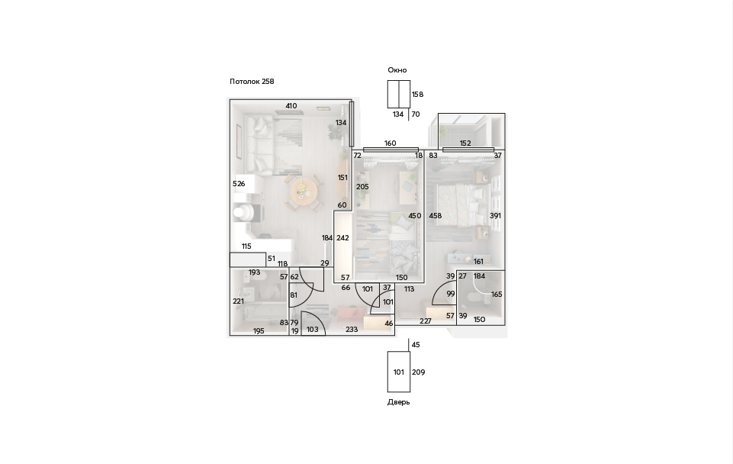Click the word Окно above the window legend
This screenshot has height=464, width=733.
(x=397, y=70)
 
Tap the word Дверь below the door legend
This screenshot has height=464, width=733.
(x=398, y=402)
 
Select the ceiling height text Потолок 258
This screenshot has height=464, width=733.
(x=252, y=82)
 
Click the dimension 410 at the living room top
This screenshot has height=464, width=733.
(x=291, y=106)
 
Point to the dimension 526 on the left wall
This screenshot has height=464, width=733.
(x=239, y=184)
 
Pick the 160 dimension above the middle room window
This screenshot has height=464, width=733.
(x=390, y=143)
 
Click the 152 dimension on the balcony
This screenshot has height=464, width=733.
(x=465, y=143)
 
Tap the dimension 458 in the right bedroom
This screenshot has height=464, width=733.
(x=436, y=216)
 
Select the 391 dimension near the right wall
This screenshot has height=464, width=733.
(x=495, y=216)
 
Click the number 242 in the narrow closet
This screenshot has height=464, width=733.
(x=342, y=238)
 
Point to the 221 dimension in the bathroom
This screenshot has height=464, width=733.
(x=239, y=301)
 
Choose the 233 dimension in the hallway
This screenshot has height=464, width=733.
(x=352, y=330)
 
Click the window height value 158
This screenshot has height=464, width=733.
(x=417, y=95)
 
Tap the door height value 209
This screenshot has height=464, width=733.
(x=419, y=372)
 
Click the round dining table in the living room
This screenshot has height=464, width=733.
(x=304, y=191)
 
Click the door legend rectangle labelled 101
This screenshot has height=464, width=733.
(x=399, y=372)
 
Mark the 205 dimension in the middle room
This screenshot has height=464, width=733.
(x=362, y=187)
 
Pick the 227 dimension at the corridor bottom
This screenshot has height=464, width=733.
(x=426, y=321)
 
